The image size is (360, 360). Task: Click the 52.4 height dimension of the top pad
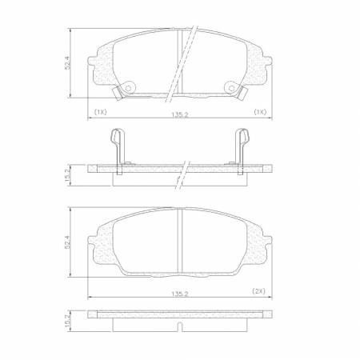point(70,63)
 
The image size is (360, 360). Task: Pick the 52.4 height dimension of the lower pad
point(70,241)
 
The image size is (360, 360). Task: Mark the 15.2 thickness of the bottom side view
point(70,320)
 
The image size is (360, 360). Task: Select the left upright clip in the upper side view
point(116,152)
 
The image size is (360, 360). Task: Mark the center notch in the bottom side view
point(179,330)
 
